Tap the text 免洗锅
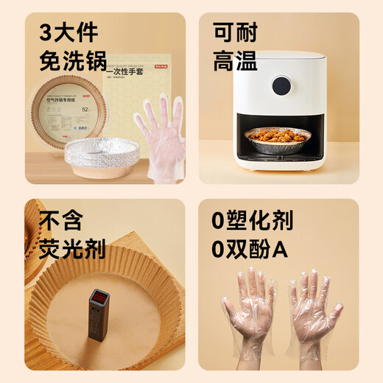pyautogui.click(x=73, y=60)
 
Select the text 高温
pyautogui.click(x=235, y=60)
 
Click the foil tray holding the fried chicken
pyautogui.click(x=287, y=146)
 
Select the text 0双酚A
pyautogui.click(x=250, y=248)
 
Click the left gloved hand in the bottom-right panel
pyautogui.click(x=248, y=309)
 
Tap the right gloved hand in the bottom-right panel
pyautogui.click(x=313, y=309)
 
